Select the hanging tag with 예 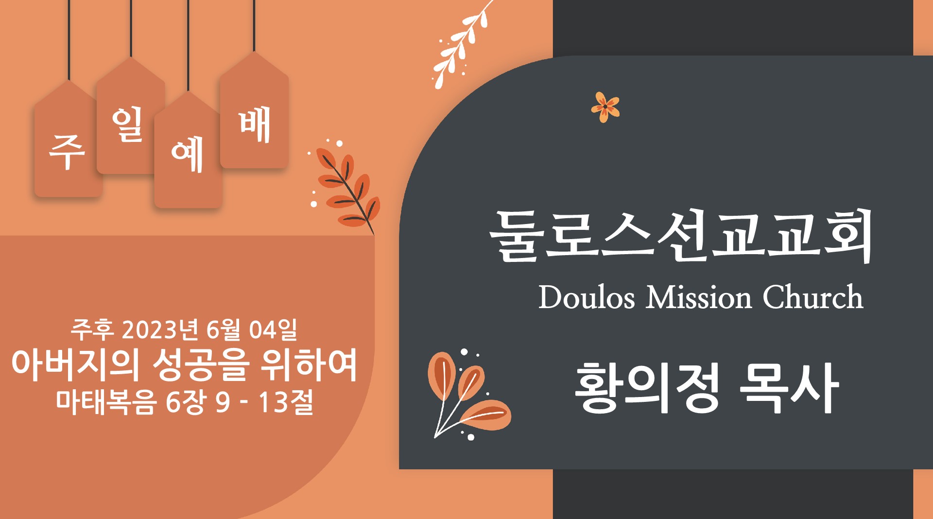(188, 150)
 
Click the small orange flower (605, 107)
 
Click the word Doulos (587, 297)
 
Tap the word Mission (699, 297)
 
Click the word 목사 (789, 388)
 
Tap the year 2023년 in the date (160, 329)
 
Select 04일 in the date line (273, 329)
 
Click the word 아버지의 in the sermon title (76, 364)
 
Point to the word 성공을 (201, 364)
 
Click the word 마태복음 (106, 402)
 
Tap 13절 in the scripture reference (285, 402)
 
